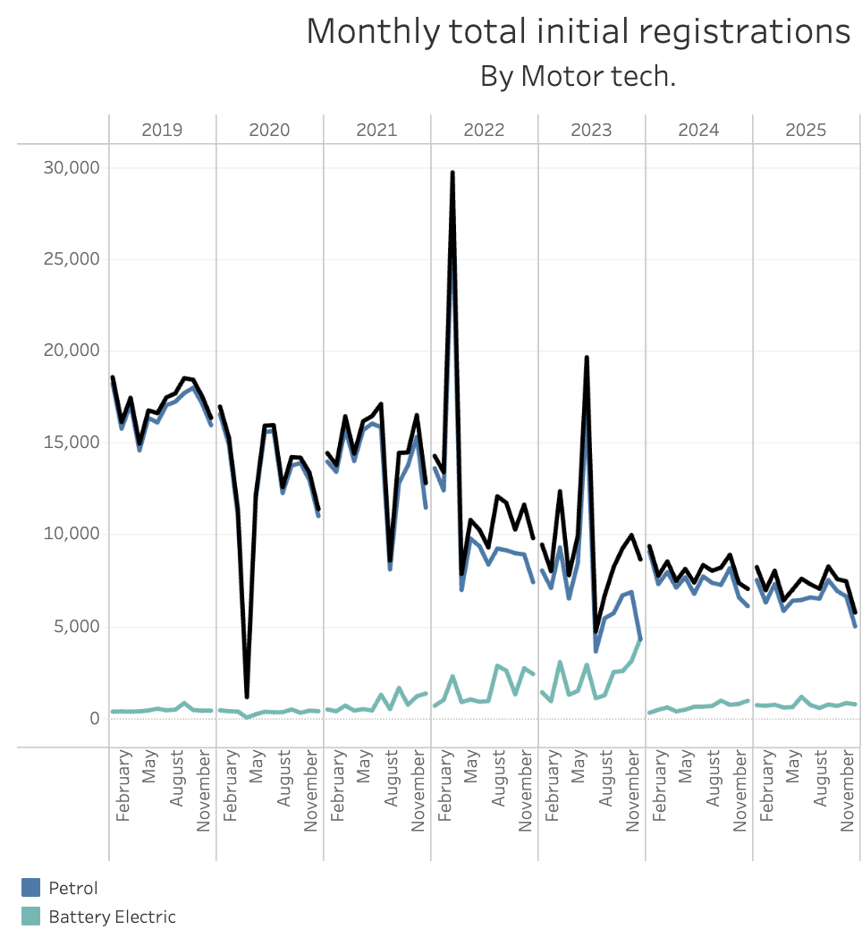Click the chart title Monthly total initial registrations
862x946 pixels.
(x=578, y=31)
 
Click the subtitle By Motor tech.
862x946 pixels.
(x=578, y=76)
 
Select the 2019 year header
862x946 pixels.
(x=162, y=130)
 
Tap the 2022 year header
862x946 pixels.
(x=484, y=130)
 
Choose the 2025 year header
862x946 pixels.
(x=806, y=130)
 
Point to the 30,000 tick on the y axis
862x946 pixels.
(x=72, y=168)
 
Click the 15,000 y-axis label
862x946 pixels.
(x=72, y=443)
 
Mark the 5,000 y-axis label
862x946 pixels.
(x=76, y=627)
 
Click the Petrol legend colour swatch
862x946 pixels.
(x=31, y=888)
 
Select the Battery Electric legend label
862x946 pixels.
(x=112, y=916)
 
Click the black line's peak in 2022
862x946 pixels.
(x=452, y=173)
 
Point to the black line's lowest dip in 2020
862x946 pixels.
(x=247, y=697)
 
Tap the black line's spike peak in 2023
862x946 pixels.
(x=587, y=358)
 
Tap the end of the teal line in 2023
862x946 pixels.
(x=641, y=638)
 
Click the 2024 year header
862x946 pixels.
(x=698, y=130)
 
